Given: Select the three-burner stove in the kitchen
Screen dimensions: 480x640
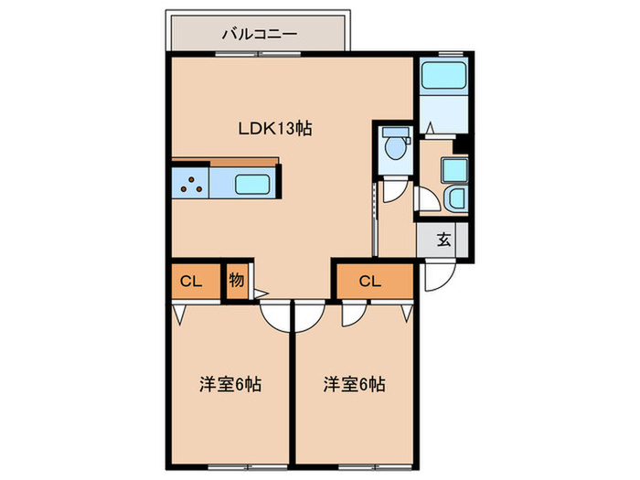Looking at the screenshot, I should [192, 183].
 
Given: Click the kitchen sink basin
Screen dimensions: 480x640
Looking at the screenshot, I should [251, 183].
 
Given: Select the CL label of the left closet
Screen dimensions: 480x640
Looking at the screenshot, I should [190, 282].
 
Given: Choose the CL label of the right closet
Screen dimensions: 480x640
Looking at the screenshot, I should [369, 282].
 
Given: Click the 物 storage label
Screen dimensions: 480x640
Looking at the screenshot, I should [235, 282].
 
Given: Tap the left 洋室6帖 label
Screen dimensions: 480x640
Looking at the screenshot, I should [230, 384].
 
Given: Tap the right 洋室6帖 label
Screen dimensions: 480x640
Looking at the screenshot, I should [354, 384].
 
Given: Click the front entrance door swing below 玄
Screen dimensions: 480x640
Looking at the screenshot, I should [437, 277].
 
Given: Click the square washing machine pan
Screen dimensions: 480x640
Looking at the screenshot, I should [453, 170].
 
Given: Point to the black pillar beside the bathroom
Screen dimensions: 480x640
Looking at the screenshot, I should [463, 143].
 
